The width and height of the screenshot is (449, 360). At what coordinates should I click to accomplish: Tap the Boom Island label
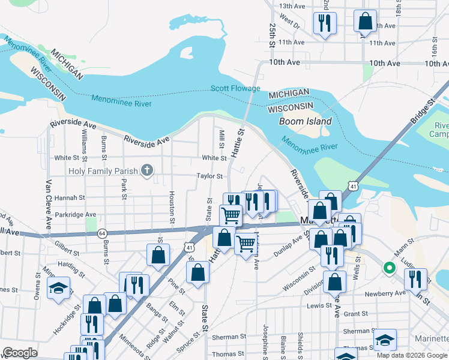(305, 121)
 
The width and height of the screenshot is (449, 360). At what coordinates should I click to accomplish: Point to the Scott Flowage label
(235, 89)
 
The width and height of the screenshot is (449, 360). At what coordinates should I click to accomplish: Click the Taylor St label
(211, 176)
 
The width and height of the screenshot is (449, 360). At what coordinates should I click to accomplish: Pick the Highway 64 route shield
(102, 233)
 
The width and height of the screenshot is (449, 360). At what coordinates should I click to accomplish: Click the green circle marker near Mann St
(389, 268)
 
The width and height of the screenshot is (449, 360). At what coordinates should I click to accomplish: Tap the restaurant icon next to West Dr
(325, 23)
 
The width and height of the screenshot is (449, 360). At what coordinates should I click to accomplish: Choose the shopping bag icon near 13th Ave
(365, 21)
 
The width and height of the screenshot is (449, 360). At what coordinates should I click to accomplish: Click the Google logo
(20, 353)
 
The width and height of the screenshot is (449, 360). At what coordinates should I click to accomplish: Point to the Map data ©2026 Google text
(411, 355)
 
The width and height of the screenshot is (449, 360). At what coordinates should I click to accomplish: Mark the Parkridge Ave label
(74, 214)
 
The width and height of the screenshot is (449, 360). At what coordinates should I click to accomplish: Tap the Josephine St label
(264, 339)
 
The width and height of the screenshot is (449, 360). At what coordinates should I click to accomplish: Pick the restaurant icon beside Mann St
(415, 278)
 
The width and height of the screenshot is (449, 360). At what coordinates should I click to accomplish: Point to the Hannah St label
(69, 197)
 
